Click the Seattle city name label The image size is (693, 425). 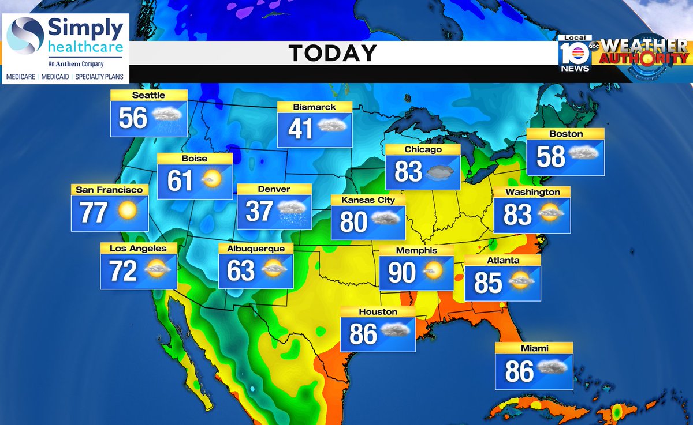[x=148, y=96]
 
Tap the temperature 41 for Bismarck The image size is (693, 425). [x=300, y=129]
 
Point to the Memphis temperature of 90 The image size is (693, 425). [x=402, y=273]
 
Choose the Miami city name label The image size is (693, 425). [x=534, y=348]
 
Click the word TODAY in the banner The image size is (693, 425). [x=333, y=54]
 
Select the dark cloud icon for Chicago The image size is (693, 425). [x=442, y=172]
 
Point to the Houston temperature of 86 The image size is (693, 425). [x=363, y=334]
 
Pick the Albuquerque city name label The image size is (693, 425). [x=256, y=249]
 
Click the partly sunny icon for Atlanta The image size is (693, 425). [x=521, y=283]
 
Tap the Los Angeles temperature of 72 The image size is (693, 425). [x=123, y=270]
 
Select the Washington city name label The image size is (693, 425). [x=532, y=192]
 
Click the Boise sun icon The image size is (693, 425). [x=211, y=180]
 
